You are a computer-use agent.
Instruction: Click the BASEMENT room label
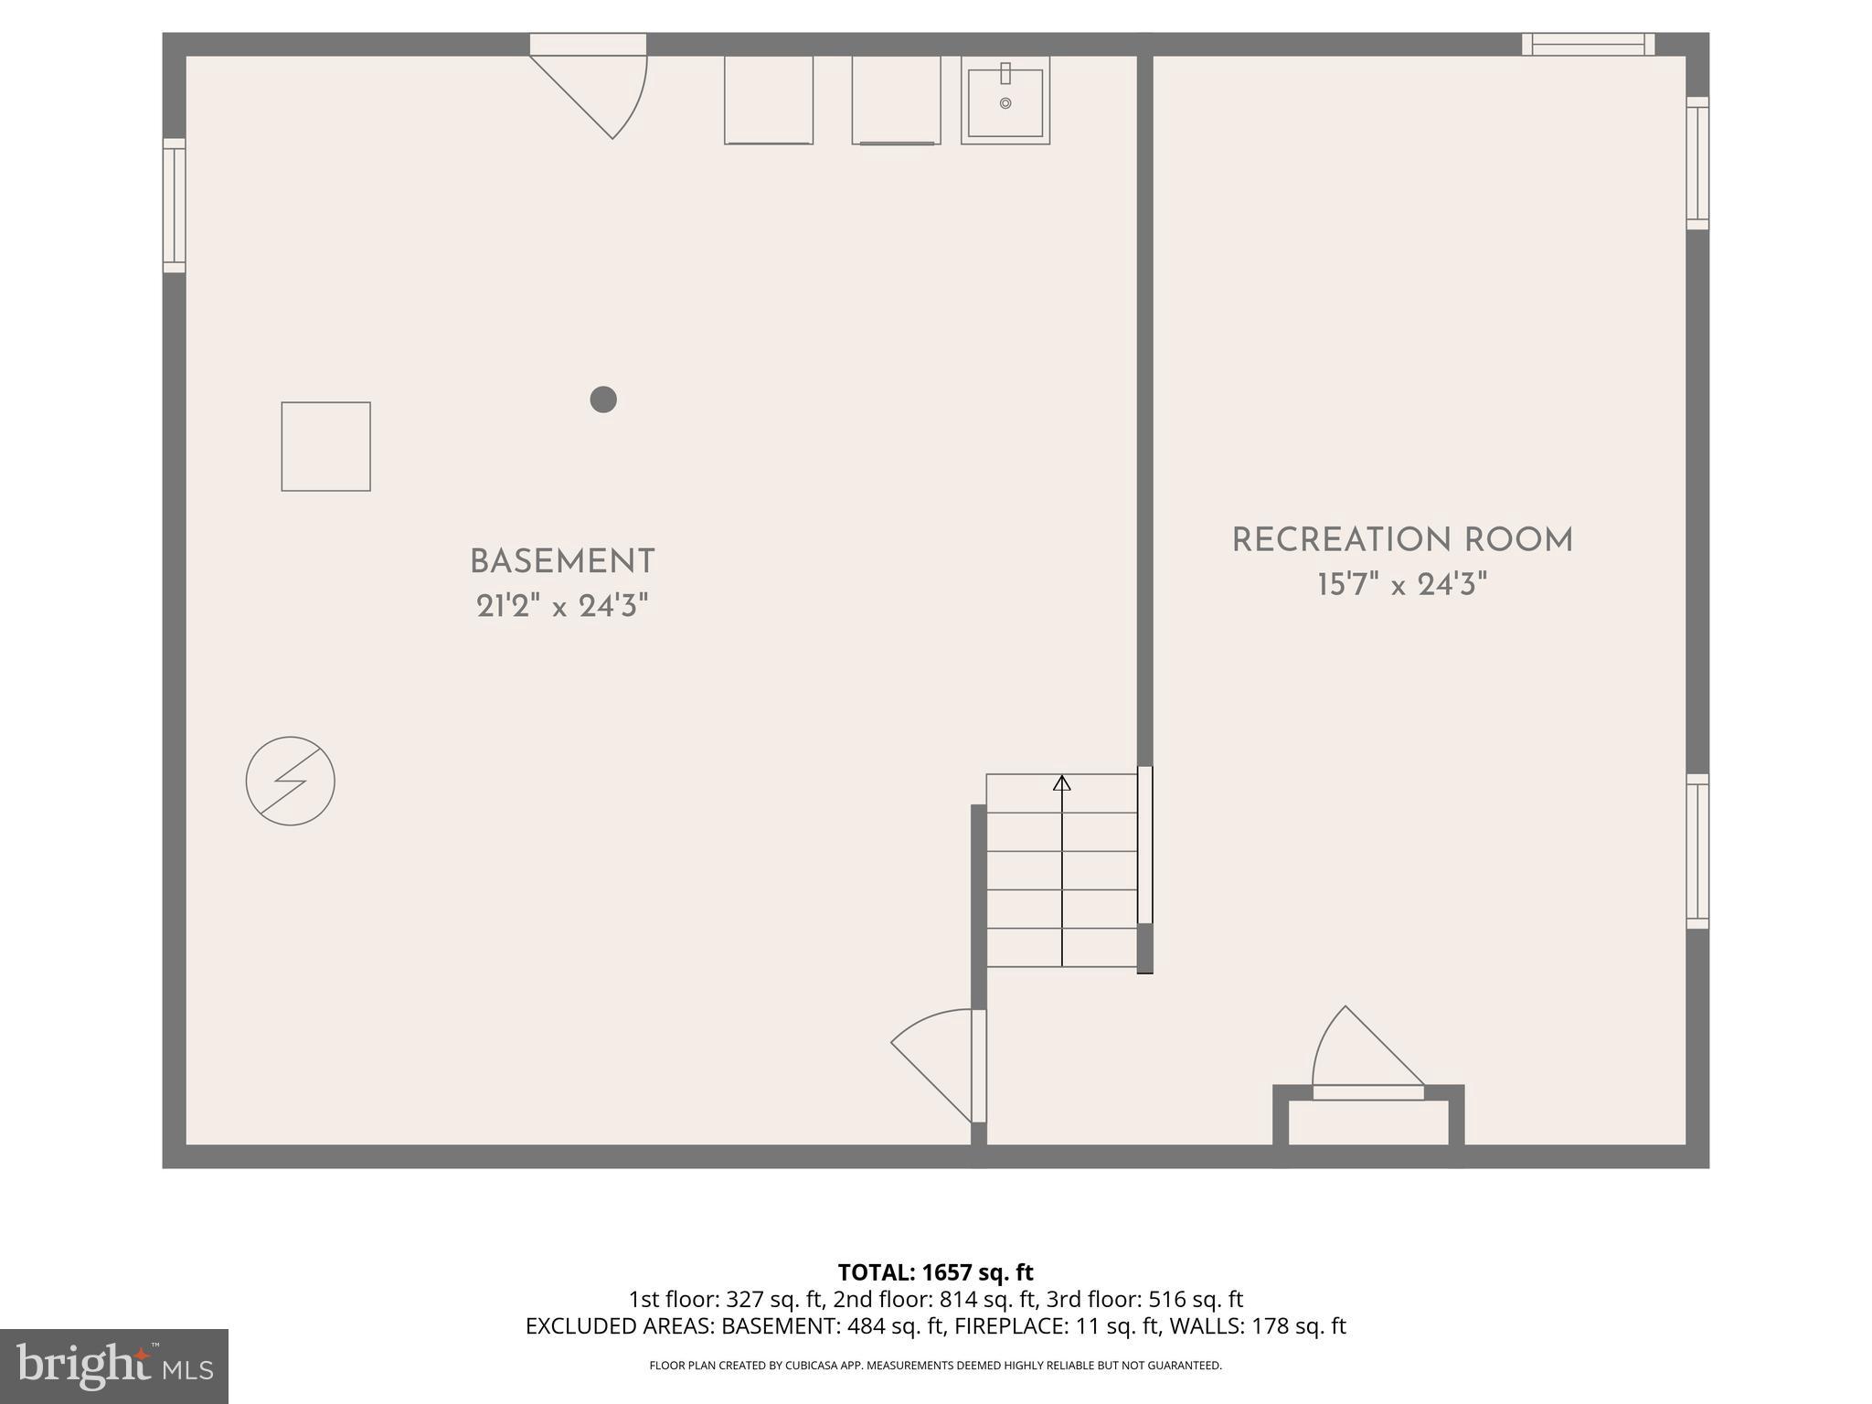pos(562,561)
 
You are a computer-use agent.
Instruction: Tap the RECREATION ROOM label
pos(1402,540)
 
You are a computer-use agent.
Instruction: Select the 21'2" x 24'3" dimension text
pos(562,606)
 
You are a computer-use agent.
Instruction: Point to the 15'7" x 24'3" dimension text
pos(1402,585)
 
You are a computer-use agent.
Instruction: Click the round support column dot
pos(603,399)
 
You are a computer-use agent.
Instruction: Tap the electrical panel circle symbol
pos(291,782)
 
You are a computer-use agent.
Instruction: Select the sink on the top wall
pos(1005,101)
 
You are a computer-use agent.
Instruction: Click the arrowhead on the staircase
pos(1061,783)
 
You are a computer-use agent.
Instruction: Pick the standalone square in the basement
pos(326,447)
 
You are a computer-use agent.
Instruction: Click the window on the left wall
pos(175,206)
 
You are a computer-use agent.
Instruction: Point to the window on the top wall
pos(1589,44)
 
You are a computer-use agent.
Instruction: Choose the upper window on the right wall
pos(1697,164)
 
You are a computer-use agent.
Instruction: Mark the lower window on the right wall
pos(1697,852)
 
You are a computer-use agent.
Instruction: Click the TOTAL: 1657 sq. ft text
pos(935,1272)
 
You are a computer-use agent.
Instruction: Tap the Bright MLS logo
pos(114,1366)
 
